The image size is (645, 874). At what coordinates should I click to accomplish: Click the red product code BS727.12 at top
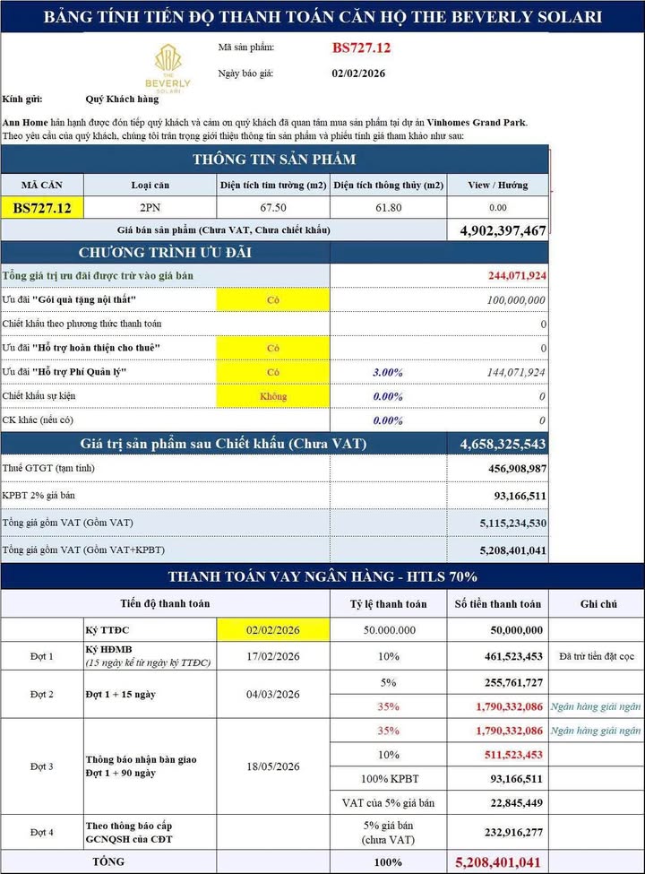[361, 48]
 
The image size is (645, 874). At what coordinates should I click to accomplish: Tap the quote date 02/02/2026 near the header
[358, 74]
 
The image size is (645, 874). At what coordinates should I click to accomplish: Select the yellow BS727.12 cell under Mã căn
[42, 207]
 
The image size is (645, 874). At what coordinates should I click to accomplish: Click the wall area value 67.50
[272, 207]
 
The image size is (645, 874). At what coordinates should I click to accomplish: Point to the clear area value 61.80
[388, 207]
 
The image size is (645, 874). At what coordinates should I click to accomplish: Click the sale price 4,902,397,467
[503, 230]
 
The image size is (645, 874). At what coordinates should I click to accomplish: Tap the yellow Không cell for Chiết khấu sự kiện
[272, 396]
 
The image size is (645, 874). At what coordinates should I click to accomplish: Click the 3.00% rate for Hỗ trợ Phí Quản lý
[387, 372]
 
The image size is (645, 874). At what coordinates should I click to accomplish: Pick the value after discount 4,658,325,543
[503, 444]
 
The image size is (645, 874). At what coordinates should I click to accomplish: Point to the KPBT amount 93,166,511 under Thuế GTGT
[511, 495]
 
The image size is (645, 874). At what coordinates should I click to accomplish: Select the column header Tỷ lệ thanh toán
[388, 604]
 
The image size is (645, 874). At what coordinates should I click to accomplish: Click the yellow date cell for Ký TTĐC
[272, 630]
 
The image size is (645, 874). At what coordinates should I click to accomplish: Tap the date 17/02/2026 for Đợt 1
[272, 656]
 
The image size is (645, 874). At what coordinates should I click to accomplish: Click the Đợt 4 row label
[42, 832]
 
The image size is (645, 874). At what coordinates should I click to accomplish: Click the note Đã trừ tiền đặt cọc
[598, 656]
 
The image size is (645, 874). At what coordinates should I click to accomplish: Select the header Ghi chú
[598, 604]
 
